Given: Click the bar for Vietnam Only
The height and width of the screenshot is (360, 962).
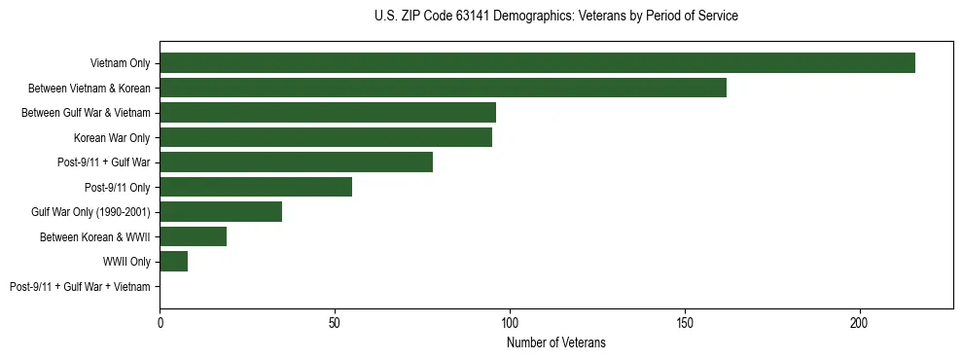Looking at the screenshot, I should coord(537,62).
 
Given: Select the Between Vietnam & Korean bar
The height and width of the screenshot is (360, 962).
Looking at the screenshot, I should coord(443,88).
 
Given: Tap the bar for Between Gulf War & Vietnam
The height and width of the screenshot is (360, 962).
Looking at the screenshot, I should coord(328,112).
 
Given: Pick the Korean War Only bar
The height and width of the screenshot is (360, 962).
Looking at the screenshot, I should coord(326,137).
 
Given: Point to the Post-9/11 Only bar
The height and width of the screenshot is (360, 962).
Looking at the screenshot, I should coord(256,187).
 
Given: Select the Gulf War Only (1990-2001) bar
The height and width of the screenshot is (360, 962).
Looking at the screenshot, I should coord(221,211).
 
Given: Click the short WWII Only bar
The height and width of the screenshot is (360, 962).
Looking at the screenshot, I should coord(173,261).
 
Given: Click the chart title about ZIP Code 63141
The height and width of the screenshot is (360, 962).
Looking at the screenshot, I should coord(555,17).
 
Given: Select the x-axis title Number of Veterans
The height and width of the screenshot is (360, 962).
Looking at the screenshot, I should coord(556,342).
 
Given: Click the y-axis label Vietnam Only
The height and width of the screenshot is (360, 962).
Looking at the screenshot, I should coord(120,63).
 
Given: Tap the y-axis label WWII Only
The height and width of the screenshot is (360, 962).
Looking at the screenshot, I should coord(126,262).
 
